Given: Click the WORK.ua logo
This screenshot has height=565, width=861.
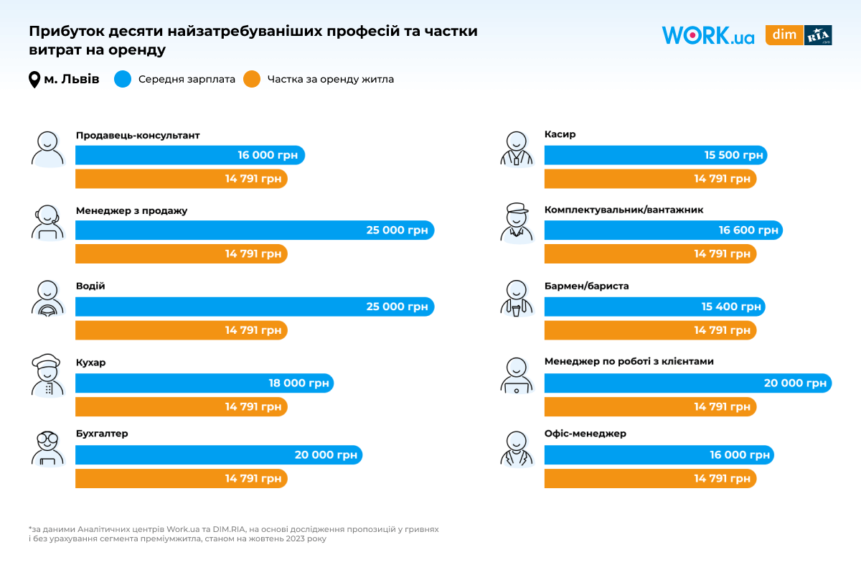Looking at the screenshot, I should click(707, 36).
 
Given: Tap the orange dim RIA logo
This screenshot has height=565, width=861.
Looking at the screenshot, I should click(799, 35).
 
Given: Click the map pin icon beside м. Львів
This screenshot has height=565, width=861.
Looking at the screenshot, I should click(34, 80).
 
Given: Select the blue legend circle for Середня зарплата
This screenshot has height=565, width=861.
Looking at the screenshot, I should click(123, 79).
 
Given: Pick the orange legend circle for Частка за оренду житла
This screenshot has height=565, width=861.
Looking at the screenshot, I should click(251, 79).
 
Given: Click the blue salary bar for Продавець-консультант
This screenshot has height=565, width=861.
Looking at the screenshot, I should click(190, 155).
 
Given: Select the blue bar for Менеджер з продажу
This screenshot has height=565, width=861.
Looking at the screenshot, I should click(255, 230).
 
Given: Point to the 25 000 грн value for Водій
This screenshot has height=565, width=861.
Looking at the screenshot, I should click(397, 307).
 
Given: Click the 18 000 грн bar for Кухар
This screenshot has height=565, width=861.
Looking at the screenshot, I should click(204, 383).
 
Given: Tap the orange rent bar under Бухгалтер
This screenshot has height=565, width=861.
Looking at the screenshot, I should click(181, 478).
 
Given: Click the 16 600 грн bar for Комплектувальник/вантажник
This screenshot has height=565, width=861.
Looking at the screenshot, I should click(663, 230).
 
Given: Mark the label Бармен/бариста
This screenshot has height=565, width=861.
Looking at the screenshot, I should click(586, 286).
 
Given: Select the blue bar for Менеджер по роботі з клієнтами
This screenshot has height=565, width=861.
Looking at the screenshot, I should click(687, 383).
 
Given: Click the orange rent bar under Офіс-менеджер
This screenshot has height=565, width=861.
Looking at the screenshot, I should click(650, 478).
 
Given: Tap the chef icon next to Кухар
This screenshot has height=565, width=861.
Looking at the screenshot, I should click(48, 375).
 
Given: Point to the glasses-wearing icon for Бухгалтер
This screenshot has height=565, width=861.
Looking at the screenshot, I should click(48, 448).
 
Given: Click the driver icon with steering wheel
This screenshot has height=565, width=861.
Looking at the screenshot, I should click(48, 298).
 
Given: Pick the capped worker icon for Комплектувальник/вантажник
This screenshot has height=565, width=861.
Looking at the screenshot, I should click(517, 223).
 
